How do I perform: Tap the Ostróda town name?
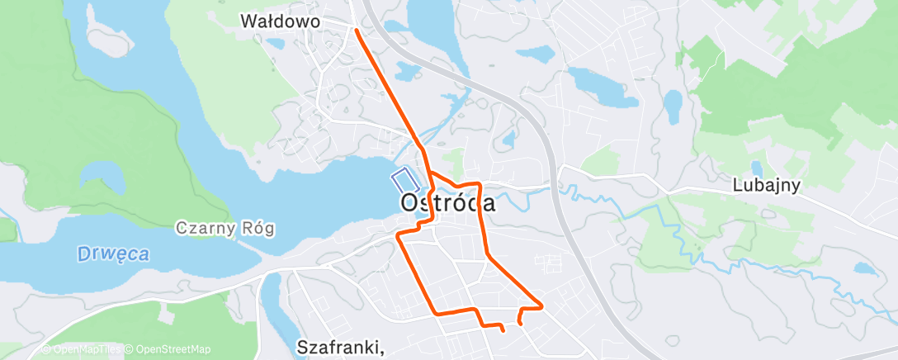click(x=448, y=202)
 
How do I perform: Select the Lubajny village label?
click(x=767, y=186)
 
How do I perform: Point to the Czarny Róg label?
click(x=224, y=227)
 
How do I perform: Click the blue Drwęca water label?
click(x=113, y=254)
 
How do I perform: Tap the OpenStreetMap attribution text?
click(x=171, y=349)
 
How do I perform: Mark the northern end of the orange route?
click(x=356, y=30)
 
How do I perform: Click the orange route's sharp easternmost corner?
click(x=541, y=306)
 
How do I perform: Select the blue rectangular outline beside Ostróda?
click(x=403, y=178)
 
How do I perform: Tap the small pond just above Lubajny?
click(x=757, y=168)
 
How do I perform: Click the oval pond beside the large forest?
click(x=673, y=102)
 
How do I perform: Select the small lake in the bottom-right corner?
click(x=864, y=268)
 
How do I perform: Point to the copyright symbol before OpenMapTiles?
click(x=45, y=349)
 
